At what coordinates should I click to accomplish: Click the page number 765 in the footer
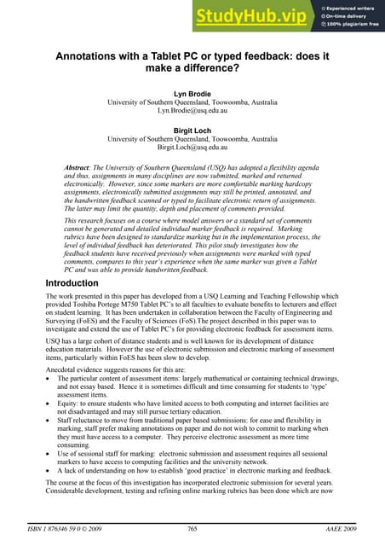pos(193,530)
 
